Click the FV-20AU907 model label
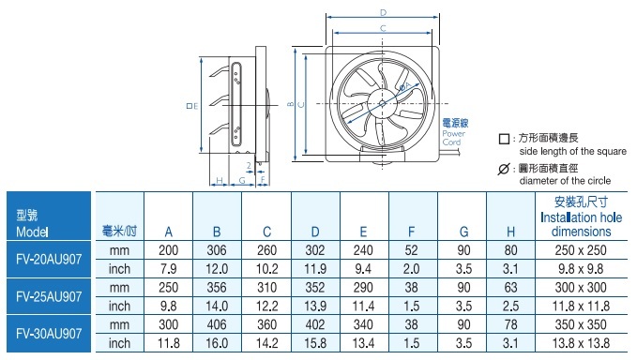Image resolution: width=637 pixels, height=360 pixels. click(49, 259)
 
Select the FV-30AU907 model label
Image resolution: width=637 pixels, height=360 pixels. click(49, 334)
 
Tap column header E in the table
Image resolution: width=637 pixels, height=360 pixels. click(363, 232)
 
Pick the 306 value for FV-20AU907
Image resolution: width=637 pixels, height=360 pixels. click(217, 250)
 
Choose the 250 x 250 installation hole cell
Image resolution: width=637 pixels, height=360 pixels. click(581, 250)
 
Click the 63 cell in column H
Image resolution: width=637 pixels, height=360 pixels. click(510, 288)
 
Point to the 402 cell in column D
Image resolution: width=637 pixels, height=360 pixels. click(315, 324)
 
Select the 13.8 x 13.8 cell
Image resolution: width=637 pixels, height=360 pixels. click(581, 343)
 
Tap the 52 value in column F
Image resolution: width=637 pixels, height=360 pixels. click(411, 250)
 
